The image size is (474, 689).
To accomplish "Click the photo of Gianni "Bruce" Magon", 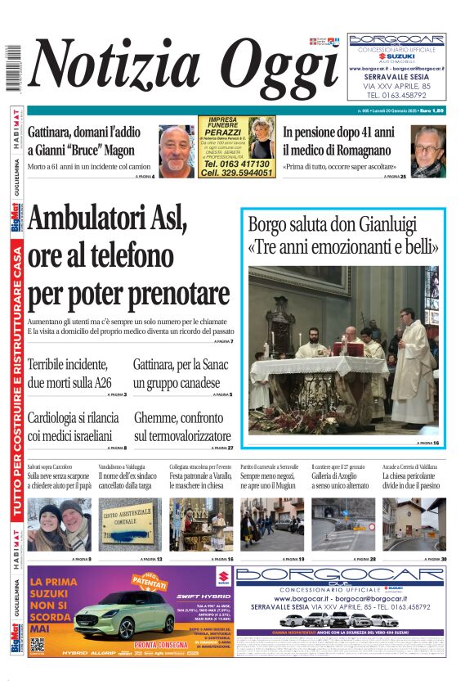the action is (176, 151).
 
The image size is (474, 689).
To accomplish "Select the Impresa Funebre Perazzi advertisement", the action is (236, 146).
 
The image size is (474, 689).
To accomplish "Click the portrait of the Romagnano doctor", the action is (427, 151).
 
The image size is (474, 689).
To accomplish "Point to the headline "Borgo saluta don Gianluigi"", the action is (342, 233).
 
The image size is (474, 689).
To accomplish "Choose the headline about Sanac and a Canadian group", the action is (181, 373).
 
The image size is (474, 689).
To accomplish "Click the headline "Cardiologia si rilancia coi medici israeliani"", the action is (74, 426).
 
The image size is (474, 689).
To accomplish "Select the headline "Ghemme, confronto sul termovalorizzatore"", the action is (182, 426).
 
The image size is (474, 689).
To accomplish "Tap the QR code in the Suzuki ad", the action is (38, 645).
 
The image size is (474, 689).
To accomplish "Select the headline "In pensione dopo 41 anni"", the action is (338, 130).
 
